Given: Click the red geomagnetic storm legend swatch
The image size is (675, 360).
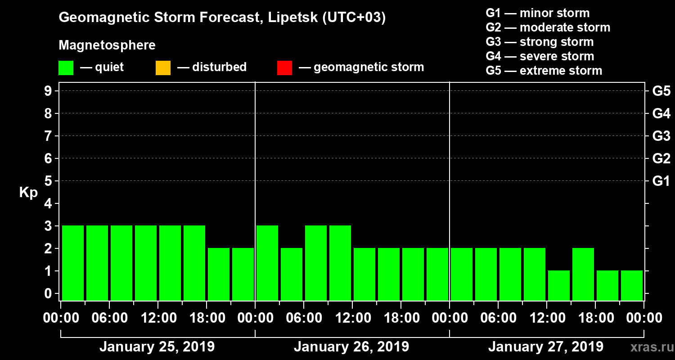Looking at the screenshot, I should pos(284,67).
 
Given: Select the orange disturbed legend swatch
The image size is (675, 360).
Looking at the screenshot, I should pos(163,67).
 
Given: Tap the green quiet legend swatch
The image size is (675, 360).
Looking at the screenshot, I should pos(66,67).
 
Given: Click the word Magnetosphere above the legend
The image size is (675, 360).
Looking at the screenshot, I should pos(107,45).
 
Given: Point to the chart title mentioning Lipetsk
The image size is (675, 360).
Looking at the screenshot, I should pos(222,18).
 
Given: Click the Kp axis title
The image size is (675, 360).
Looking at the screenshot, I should pos(28,193).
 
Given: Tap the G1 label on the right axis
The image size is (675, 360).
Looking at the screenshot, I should pos(661,181).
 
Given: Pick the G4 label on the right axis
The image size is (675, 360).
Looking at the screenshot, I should pos(661,114).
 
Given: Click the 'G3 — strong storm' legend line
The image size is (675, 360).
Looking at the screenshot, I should pos(540,42).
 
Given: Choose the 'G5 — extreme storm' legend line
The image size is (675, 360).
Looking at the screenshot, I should pos(544,71).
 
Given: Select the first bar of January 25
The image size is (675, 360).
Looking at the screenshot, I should pos(73,263).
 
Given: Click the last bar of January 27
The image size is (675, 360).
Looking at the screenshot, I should pos(632,285).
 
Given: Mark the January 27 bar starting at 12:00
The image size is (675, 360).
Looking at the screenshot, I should pos(559,285).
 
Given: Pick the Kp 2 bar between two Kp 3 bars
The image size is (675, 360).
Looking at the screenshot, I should pos(292,274).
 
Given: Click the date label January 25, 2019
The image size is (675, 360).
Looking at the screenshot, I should pos(157,347).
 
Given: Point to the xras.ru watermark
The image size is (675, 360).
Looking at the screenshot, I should pos(648,347).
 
